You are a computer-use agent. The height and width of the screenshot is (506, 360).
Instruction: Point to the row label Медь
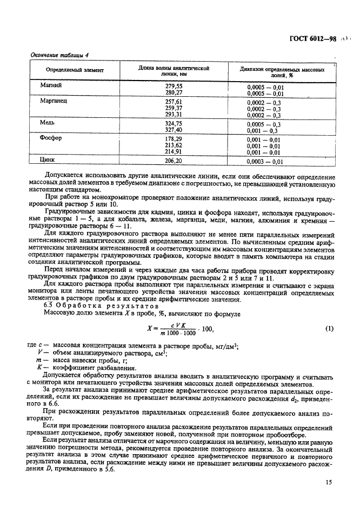coord(48,123)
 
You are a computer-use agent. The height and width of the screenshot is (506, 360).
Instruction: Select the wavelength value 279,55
coord(174,86)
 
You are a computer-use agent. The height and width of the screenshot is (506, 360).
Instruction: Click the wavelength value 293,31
coord(174,115)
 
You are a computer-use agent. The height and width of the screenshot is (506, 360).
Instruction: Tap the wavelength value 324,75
coord(174,124)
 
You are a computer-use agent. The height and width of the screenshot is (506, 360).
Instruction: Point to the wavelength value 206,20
coord(174,161)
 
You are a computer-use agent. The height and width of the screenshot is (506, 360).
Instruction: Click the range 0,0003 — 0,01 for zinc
coord(265,162)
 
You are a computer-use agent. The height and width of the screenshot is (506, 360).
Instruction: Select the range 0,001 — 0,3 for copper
coord(263,131)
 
